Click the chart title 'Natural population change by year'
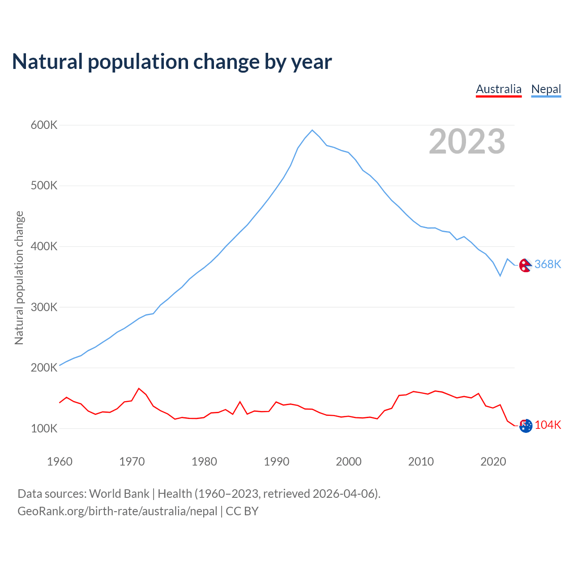(x=172, y=62)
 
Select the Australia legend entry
(x=499, y=89)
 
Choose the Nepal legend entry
(x=546, y=89)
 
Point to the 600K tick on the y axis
(x=44, y=125)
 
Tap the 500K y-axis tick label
(x=44, y=186)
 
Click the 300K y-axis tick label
(x=44, y=307)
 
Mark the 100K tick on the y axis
(x=44, y=428)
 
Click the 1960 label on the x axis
(x=60, y=462)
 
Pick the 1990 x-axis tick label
(x=276, y=462)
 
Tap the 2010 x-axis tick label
(x=421, y=462)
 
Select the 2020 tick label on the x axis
(x=493, y=462)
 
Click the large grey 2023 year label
(x=467, y=141)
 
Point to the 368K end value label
(x=547, y=264)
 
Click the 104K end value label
(x=548, y=425)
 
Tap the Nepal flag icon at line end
(x=526, y=265)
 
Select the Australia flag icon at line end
(x=526, y=426)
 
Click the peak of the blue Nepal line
(x=312, y=130)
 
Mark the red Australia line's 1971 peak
(x=139, y=389)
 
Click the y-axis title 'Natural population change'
(x=19, y=278)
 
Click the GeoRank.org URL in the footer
(x=117, y=511)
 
